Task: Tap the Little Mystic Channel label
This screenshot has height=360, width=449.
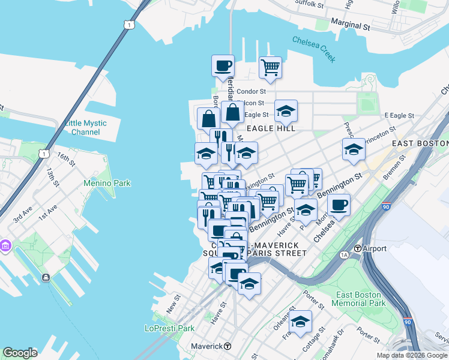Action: click(85, 127)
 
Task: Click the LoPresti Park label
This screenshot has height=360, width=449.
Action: click(170, 328)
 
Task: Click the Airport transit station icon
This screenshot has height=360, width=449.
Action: click(357, 248)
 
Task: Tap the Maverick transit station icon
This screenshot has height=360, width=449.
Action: click(228, 346)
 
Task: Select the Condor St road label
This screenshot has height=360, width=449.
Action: click(251, 91)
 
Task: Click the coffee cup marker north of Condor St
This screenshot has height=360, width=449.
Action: click(223, 65)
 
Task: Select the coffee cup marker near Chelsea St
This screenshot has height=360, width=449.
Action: click(339, 205)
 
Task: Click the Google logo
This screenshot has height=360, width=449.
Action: click(20, 353)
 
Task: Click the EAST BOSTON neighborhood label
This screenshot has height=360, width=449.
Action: click(420, 143)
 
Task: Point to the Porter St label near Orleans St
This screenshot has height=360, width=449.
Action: click(315, 298)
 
